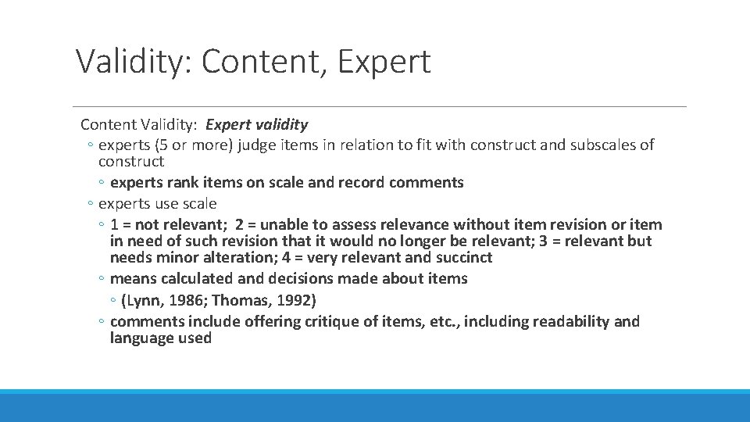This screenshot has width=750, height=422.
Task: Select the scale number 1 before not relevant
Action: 114,224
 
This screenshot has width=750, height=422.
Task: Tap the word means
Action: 134,278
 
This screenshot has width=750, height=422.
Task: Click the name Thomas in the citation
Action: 238,300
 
